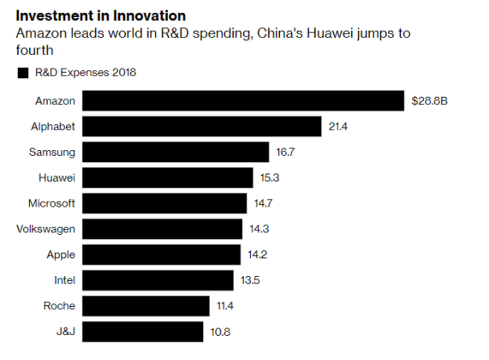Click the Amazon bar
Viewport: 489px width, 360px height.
click(x=243, y=101)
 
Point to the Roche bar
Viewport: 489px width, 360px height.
click(x=146, y=306)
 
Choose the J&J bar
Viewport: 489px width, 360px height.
click(x=143, y=332)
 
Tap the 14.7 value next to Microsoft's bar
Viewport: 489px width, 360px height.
click(x=263, y=204)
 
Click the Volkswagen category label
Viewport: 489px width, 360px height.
click(x=46, y=229)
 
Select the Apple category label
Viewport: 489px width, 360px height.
click(x=59, y=255)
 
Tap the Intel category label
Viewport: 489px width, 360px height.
click(x=63, y=280)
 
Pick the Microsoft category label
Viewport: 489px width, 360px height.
click(x=52, y=204)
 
